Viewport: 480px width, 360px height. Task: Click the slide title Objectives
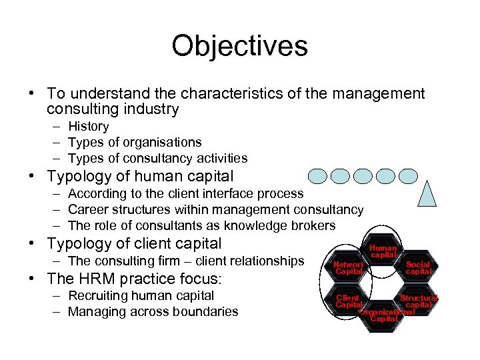click(239, 46)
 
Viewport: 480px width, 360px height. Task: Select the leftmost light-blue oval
click(317, 176)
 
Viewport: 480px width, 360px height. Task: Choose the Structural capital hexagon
click(419, 301)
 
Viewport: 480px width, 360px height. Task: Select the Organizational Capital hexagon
click(385, 315)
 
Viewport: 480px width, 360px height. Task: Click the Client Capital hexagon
click(348, 301)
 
